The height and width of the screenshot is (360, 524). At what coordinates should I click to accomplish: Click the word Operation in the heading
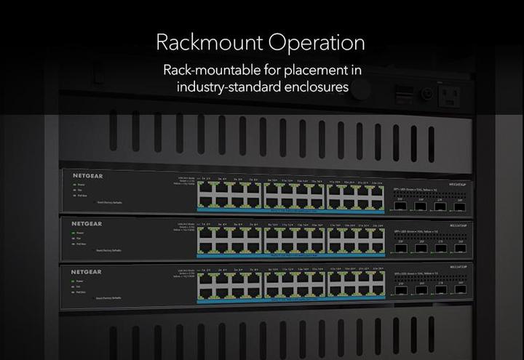pyautogui.click(x=316, y=42)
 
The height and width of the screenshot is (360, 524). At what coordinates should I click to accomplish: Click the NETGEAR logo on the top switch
pyautogui.click(x=87, y=176)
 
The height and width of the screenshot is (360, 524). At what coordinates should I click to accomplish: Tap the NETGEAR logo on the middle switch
pyautogui.click(x=87, y=224)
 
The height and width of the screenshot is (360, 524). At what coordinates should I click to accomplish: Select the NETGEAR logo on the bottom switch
pyautogui.click(x=86, y=272)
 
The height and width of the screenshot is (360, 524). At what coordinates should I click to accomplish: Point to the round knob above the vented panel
pyautogui.click(x=427, y=94)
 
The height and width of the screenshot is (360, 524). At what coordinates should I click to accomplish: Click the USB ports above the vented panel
pyautogui.click(x=403, y=93)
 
